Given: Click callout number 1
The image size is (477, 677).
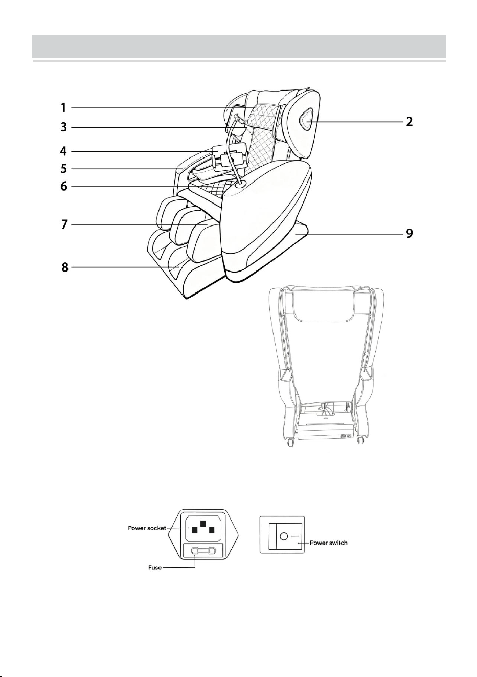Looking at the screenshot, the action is click(x=63, y=107).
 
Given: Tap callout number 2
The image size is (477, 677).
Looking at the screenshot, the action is click(x=409, y=122).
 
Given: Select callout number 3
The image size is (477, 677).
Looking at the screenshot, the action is click(x=63, y=127).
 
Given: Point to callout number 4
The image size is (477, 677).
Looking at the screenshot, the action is click(x=63, y=151).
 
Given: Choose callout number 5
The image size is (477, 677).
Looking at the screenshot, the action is click(x=63, y=169).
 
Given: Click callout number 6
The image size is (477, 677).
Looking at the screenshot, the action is click(x=63, y=186).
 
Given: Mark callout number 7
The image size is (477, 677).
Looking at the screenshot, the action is click(x=63, y=225).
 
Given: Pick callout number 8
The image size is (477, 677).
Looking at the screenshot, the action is click(x=65, y=268).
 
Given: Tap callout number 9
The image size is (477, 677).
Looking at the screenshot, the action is click(x=409, y=234).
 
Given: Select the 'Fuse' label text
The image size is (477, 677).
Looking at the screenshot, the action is click(x=154, y=568).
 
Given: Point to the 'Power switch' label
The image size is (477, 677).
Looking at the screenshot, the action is click(x=329, y=543).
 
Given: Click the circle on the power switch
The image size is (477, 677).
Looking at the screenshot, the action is click(x=284, y=536).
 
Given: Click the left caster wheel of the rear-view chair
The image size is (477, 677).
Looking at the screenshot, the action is click(x=290, y=442).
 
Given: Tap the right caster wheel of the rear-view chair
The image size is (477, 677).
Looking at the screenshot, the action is click(x=360, y=442).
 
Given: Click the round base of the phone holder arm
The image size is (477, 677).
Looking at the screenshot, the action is click(x=241, y=185).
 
